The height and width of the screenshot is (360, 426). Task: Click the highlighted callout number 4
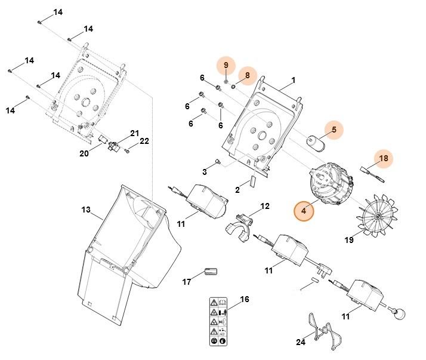[x=304, y=211]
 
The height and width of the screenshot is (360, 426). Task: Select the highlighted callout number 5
[x=334, y=130]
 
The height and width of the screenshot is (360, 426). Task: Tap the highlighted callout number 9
[x=226, y=65]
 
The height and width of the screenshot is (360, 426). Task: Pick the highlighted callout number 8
[x=248, y=76]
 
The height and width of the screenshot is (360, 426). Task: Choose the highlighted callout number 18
[x=384, y=158]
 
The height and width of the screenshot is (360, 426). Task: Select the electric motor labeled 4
[x=329, y=186]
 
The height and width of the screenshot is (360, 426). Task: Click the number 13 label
[x=85, y=210]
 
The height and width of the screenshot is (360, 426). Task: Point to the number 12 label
[x=265, y=206]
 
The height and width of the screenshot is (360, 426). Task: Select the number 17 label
[x=186, y=281]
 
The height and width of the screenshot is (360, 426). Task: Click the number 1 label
[x=294, y=80]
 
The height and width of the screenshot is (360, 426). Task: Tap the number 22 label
[x=144, y=141]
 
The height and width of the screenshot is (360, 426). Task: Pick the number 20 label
[x=84, y=153]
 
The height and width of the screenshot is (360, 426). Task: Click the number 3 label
[x=204, y=172]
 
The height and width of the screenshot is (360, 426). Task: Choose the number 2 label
[x=237, y=190]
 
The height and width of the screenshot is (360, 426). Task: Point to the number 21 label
[x=134, y=133]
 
